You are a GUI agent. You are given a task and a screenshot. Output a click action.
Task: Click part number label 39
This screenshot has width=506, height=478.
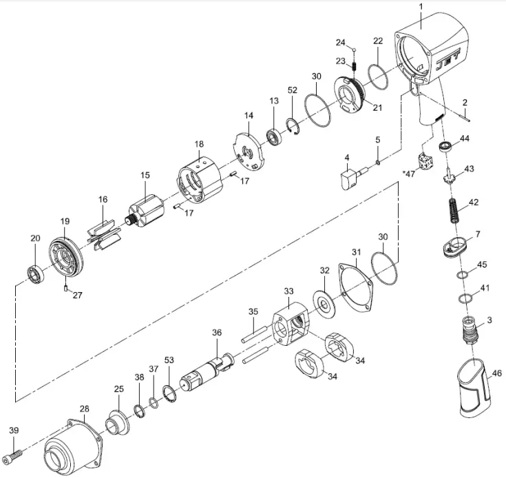13,430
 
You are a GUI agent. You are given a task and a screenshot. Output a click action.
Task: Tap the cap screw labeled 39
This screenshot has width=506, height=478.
14,455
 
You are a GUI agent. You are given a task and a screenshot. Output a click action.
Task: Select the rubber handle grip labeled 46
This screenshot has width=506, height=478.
474,388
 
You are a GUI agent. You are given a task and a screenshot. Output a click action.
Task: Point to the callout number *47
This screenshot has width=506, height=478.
411,174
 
